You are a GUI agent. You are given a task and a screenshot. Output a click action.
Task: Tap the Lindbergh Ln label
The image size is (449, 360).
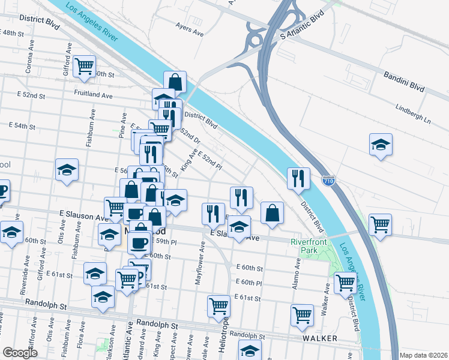pos(413,114)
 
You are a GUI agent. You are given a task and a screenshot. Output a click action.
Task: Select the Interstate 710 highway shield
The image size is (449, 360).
pos(328,180)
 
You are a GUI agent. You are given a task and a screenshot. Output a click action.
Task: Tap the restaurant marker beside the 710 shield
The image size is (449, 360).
pos(298,178)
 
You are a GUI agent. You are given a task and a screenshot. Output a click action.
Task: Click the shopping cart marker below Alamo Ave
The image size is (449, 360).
pos(302,314)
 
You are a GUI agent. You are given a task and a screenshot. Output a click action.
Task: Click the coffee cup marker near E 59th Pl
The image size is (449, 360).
pos(139,242)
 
